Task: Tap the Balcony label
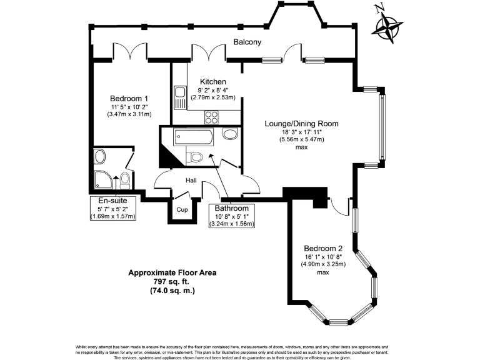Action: click(x=247, y=42)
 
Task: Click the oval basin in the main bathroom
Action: click(x=229, y=134)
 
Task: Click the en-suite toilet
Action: click(x=124, y=181)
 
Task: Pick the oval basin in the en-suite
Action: click(x=99, y=156)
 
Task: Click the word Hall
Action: click(x=191, y=181)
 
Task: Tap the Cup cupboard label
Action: click(x=182, y=210)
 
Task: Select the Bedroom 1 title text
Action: click(x=129, y=99)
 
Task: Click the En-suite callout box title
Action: click(x=113, y=201)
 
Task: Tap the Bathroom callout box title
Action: click(x=232, y=207)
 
